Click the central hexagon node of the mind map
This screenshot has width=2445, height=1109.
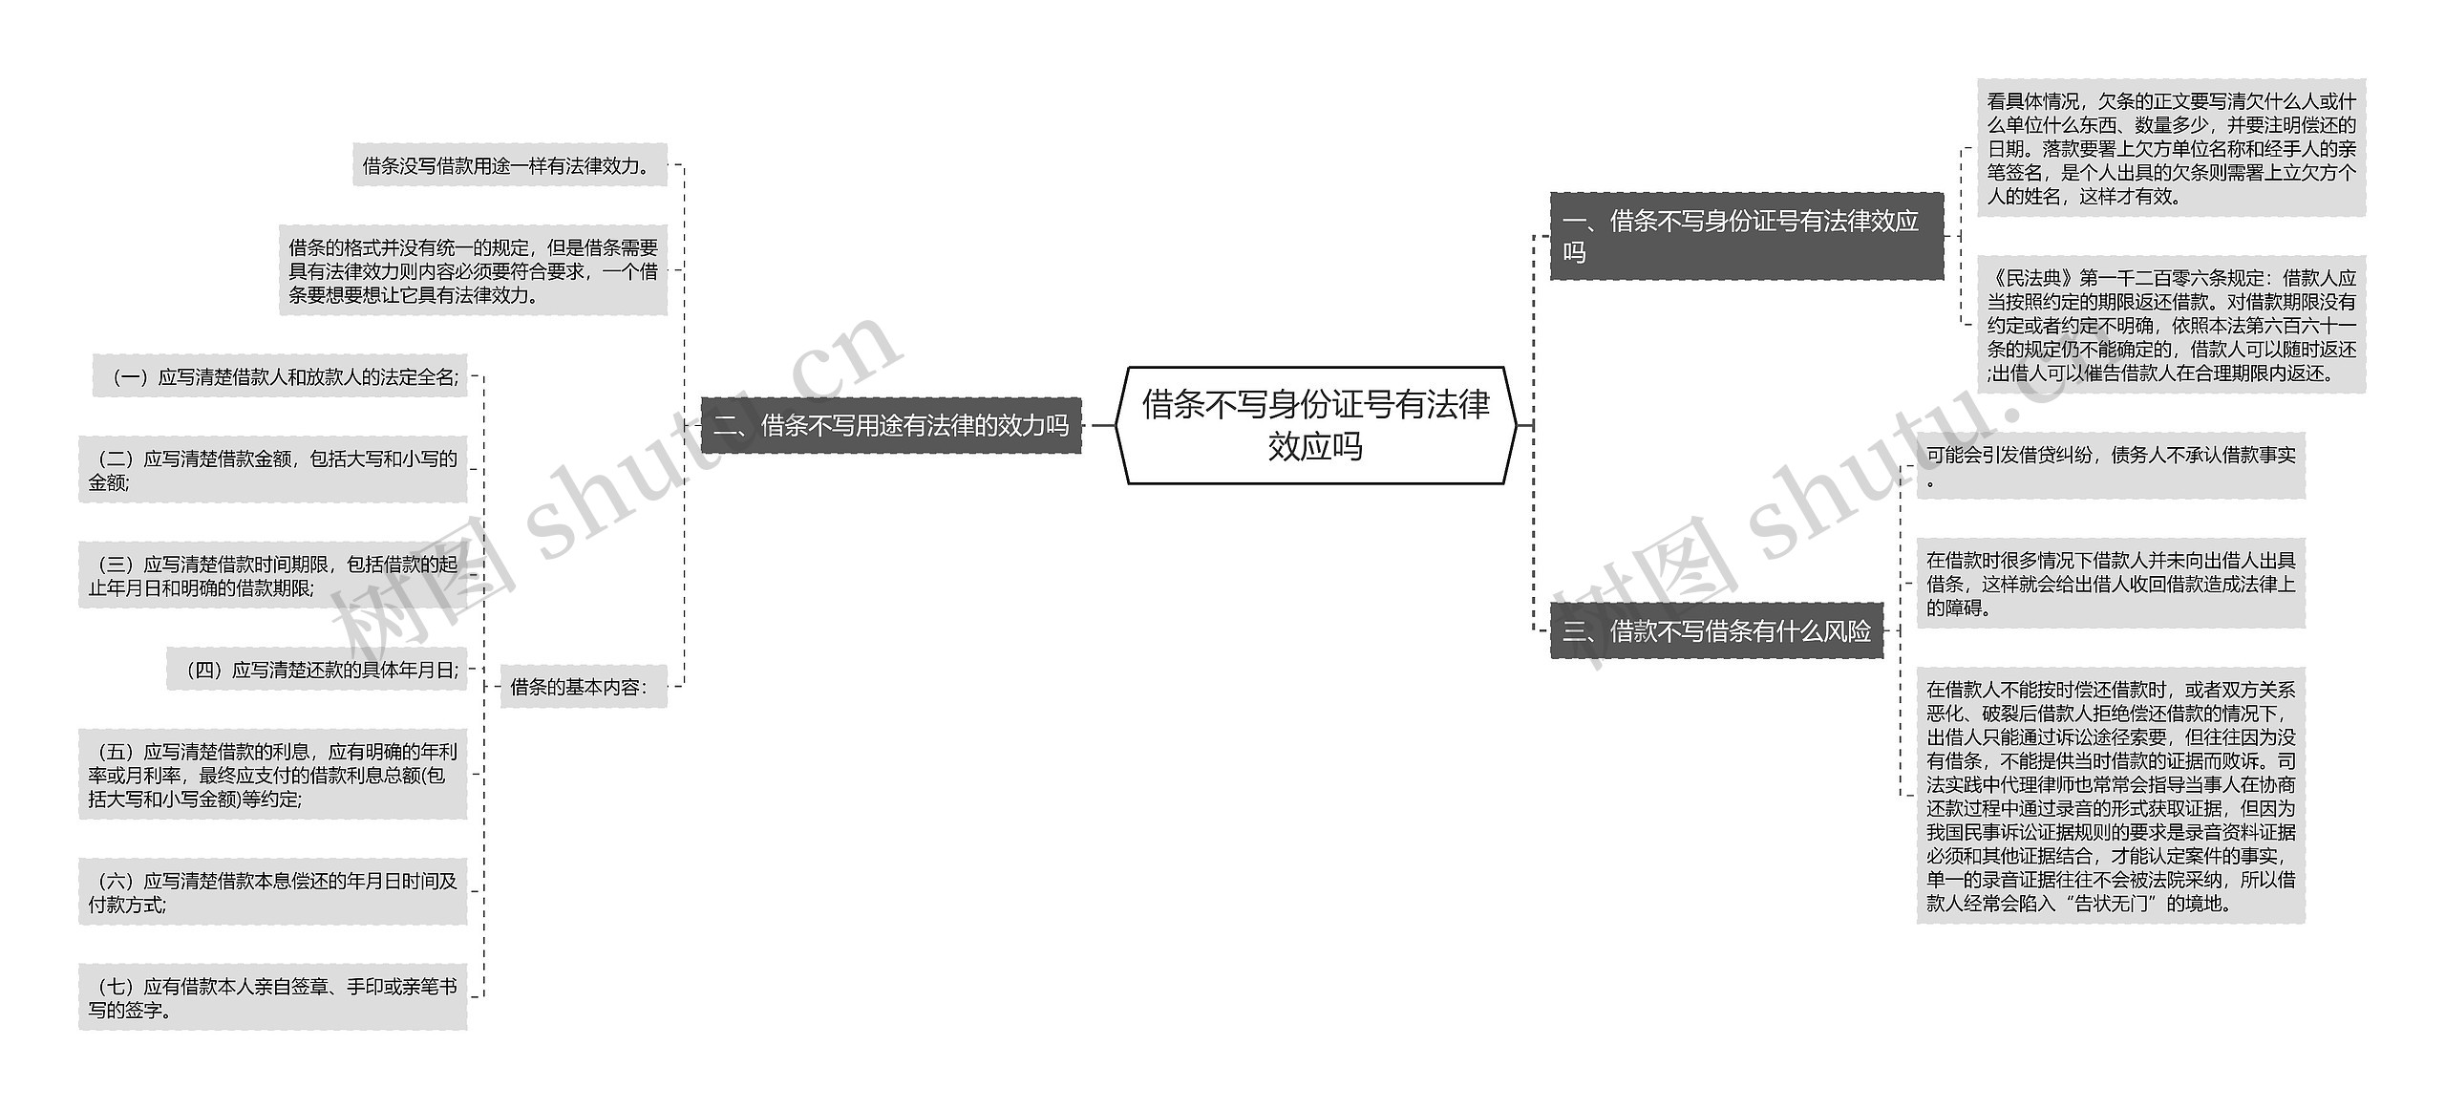[1315, 425]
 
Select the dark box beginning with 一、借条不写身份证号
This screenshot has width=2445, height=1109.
[1745, 236]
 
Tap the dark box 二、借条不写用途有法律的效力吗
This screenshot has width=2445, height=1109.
[890, 425]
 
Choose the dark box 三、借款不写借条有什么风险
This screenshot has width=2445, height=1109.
[1716, 630]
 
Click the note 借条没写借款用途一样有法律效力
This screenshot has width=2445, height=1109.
[509, 165]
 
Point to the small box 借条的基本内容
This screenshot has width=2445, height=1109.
[582, 686]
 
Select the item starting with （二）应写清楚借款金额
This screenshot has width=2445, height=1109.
[273, 470]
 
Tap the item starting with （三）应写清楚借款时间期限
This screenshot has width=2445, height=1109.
[273, 575]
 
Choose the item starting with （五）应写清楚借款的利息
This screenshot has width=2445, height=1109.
[273, 775]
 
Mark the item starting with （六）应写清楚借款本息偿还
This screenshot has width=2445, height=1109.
[273, 891]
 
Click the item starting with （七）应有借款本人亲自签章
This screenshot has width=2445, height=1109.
[273, 997]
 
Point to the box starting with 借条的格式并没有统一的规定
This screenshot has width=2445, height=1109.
[473, 270]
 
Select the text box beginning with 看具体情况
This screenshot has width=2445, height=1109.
[2171, 148]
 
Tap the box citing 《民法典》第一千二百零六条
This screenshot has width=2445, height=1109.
[2171, 325]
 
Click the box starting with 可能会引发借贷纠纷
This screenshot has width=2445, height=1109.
[2111, 465]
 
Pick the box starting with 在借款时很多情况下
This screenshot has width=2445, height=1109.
[2111, 583]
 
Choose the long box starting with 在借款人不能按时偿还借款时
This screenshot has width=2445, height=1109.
[2111, 795]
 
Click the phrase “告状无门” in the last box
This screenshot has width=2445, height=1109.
[2119, 903]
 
